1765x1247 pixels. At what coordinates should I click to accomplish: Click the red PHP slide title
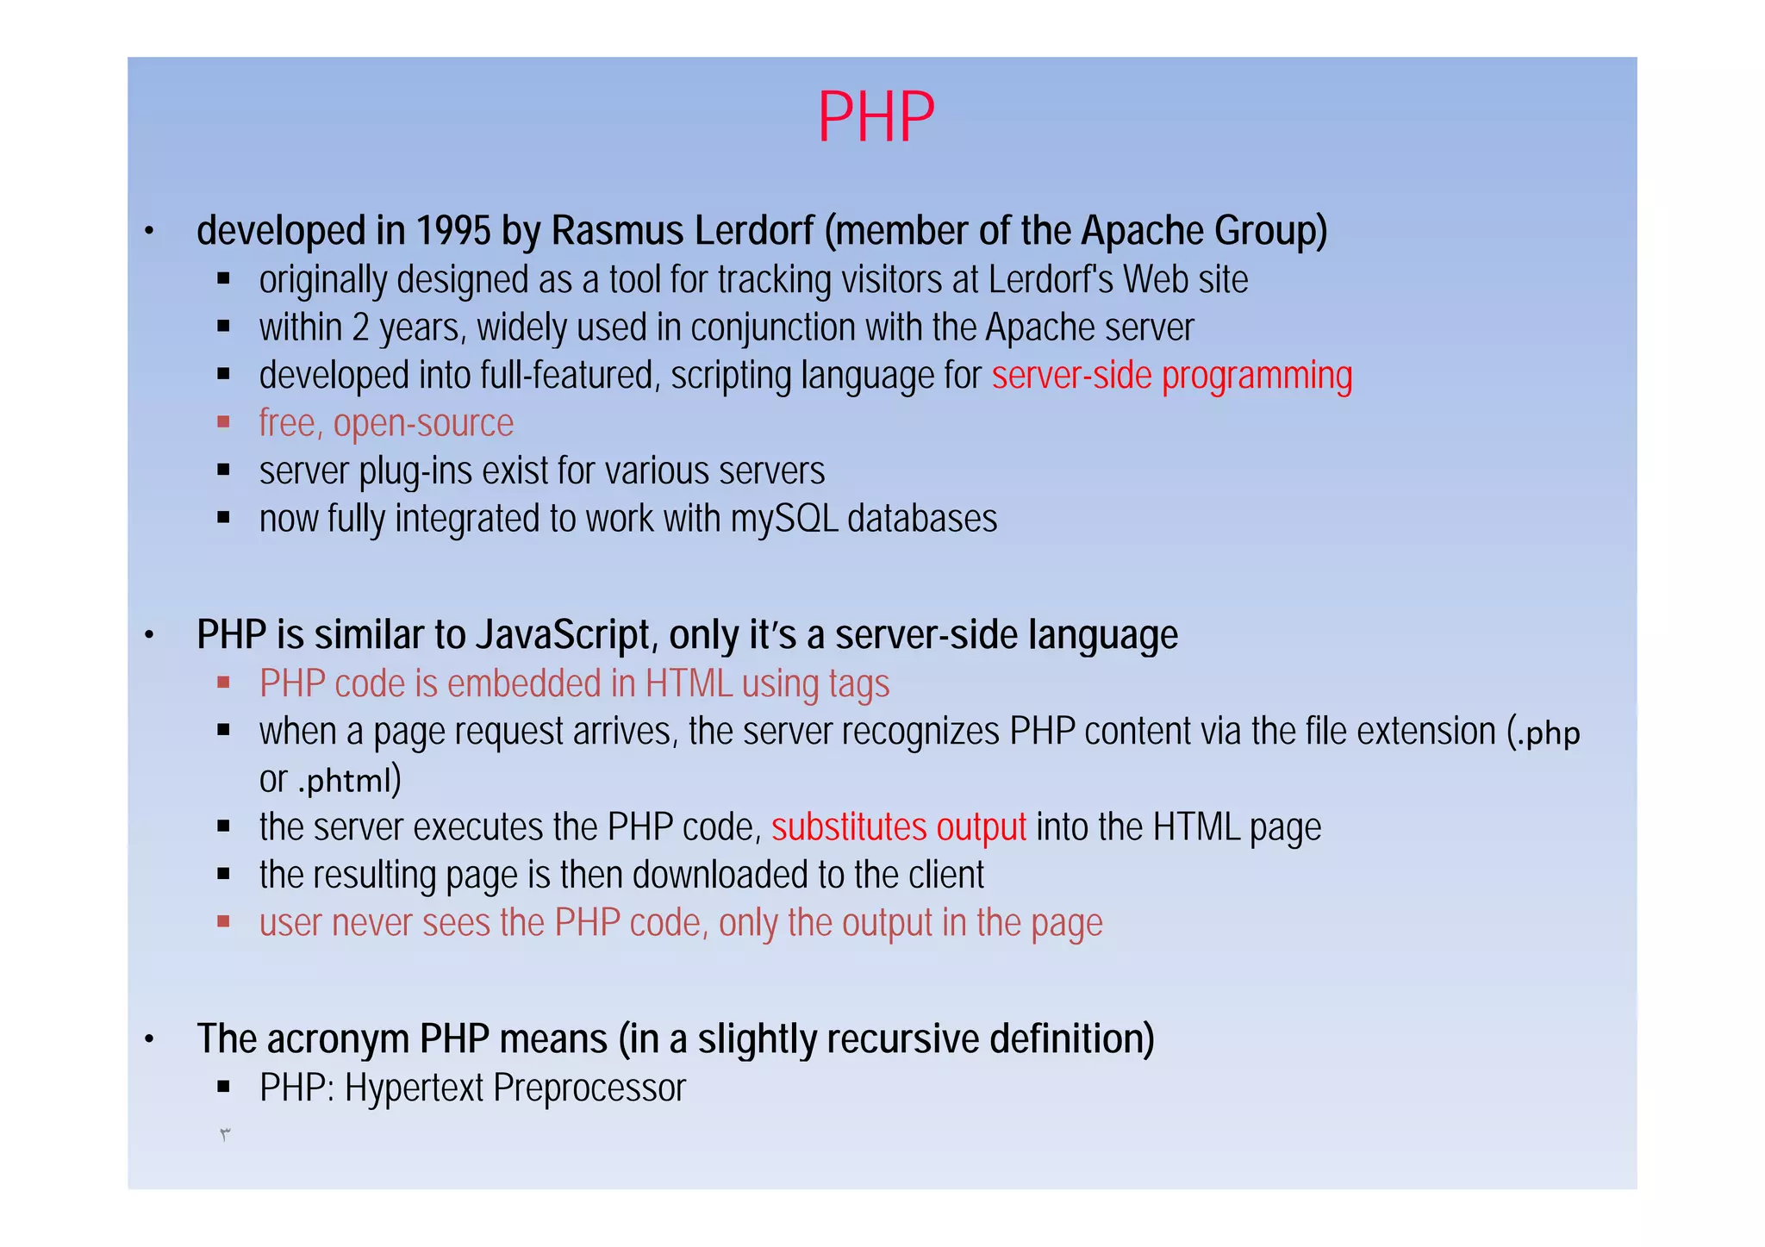(876, 117)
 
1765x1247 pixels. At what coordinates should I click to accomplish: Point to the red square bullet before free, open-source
(224, 422)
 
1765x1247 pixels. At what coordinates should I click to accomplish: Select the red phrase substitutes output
(898, 828)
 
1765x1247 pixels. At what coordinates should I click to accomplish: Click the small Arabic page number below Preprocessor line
(225, 1135)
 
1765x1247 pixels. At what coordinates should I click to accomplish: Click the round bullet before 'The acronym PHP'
(149, 1040)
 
